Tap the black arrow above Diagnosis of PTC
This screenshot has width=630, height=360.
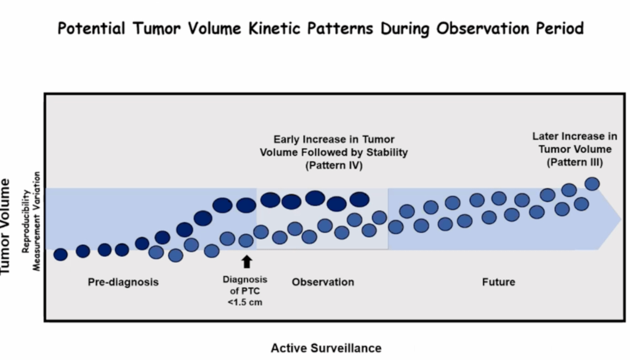(x=246, y=262)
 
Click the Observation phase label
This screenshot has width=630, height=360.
(x=323, y=282)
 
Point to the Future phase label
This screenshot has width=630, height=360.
(x=498, y=282)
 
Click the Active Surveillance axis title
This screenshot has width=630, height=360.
(x=326, y=348)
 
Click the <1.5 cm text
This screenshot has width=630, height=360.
(x=245, y=302)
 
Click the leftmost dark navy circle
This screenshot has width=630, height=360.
(x=60, y=254)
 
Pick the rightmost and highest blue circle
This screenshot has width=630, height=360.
(x=592, y=183)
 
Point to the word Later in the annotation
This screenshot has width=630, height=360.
(x=545, y=135)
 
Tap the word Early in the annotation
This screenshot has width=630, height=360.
(x=287, y=140)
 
